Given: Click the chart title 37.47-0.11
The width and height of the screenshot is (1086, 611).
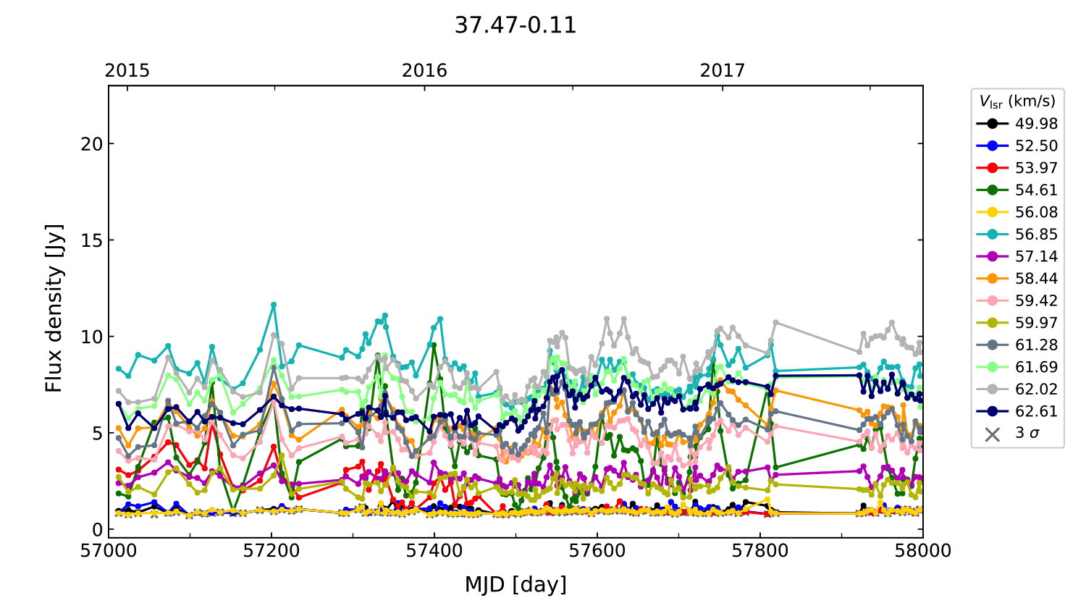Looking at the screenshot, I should pyautogui.click(x=515, y=25).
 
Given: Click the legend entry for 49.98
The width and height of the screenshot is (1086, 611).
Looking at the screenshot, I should pyautogui.click(x=1035, y=124).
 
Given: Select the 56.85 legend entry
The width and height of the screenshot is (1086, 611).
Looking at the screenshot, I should pyautogui.click(x=1035, y=235).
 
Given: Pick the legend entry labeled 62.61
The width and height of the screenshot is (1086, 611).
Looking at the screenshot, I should pyautogui.click(x=1035, y=411).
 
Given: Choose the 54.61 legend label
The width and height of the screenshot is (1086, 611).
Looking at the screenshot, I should pyautogui.click(x=1035, y=190).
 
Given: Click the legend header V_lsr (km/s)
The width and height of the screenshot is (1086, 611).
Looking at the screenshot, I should pyautogui.click(x=1017, y=101).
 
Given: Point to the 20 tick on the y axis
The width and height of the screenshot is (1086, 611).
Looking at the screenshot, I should pyautogui.click(x=92, y=144).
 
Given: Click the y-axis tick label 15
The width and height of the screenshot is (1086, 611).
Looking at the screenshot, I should pyautogui.click(x=92, y=240).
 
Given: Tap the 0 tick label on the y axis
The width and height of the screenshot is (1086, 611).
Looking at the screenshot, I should pyautogui.click(x=97, y=530).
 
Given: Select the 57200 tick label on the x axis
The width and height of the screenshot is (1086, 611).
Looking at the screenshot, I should pyautogui.click(x=271, y=551).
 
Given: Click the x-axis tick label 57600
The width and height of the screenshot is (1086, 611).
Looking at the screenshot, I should pyautogui.click(x=597, y=551).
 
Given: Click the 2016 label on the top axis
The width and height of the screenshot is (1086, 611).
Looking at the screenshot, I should pyautogui.click(x=424, y=70).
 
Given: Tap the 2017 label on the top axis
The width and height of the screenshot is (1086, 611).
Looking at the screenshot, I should pyautogui.click(x=722, y=70).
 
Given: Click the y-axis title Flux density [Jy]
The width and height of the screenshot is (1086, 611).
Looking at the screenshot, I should pyautogui.click(x=54, y=308).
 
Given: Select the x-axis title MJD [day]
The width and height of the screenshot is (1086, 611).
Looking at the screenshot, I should pyautogui.click(x=515, y=584).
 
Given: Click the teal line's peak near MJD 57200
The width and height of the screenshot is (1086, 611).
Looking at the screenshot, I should pyautogui.click(x=274, y=305).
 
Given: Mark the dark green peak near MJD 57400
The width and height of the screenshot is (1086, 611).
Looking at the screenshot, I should pyautogui.click(x=434, y=345).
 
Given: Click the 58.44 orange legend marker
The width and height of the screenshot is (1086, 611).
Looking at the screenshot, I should pyautogui.click(x=992, y=279).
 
